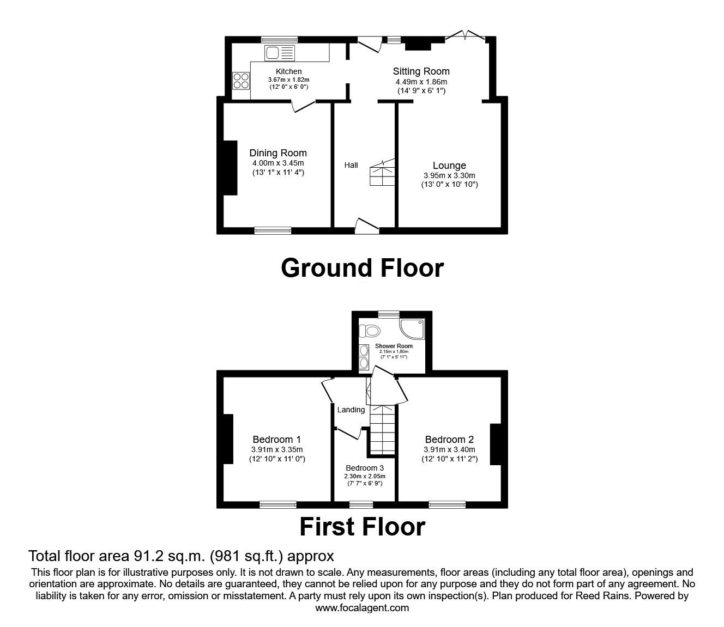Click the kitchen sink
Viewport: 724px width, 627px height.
[x=279, y=53]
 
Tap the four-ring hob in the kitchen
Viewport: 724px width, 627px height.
[x=241, y=81]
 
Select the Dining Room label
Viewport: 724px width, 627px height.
[x=278, y=153]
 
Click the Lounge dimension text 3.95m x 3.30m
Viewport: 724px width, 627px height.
[x=449, y=175]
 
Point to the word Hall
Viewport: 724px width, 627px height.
[x=351, y=165]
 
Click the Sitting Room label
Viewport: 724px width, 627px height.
[x=421, y=71]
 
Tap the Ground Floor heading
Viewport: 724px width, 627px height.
[x=362, y=268]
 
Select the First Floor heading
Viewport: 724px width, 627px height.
[x=362, y=527]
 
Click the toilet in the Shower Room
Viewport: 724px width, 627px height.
[x=371, y=331]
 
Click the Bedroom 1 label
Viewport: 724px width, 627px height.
[x=277, y=440]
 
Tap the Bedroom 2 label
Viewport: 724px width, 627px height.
[x=449, y=440]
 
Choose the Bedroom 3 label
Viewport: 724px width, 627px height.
[x=365, y=468]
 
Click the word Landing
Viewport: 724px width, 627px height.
[x=351, y=410]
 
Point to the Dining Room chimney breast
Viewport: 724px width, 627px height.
[x=230, y=168]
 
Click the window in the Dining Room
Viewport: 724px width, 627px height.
[x=273, y=230]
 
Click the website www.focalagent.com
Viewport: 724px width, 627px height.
[x=362, y=607]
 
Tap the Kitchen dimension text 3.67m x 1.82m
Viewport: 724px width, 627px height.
[x=288, y=80]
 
